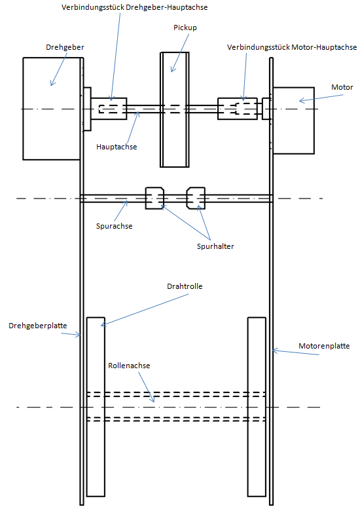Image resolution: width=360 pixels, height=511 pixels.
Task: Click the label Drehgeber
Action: (65, 47)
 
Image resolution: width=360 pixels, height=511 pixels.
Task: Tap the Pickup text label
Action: (185, 28)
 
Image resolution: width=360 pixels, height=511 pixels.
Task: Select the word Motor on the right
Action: (342, 87)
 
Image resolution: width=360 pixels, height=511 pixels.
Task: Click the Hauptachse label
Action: (117, 147)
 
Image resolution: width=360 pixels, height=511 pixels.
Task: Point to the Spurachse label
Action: (115, 226)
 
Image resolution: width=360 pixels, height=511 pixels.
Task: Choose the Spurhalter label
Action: (215, 246)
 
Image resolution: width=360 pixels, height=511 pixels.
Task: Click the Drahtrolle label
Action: (185, 286)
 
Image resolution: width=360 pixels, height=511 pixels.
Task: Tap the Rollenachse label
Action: (129, 366)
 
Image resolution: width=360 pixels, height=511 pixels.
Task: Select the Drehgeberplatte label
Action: (38, 326)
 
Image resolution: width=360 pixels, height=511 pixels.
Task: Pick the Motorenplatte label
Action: (324, 346)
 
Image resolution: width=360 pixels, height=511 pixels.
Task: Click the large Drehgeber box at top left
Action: (52, 109)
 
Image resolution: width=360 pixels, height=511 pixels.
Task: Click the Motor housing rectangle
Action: (294, 121)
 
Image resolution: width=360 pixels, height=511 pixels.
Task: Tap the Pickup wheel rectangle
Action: (175, 109)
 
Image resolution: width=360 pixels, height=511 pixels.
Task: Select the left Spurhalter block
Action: (154, 198)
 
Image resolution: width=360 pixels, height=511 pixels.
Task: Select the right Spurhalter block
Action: (196, 198)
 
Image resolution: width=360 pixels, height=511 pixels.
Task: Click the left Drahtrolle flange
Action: (96, 407)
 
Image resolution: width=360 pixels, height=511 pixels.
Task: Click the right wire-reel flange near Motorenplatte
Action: (257, 407)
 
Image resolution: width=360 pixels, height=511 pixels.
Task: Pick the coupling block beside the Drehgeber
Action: (109, 109)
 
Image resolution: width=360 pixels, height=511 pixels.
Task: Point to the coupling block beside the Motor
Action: (238, 109)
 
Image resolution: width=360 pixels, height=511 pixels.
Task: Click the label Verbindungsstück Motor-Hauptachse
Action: (292, 47)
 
